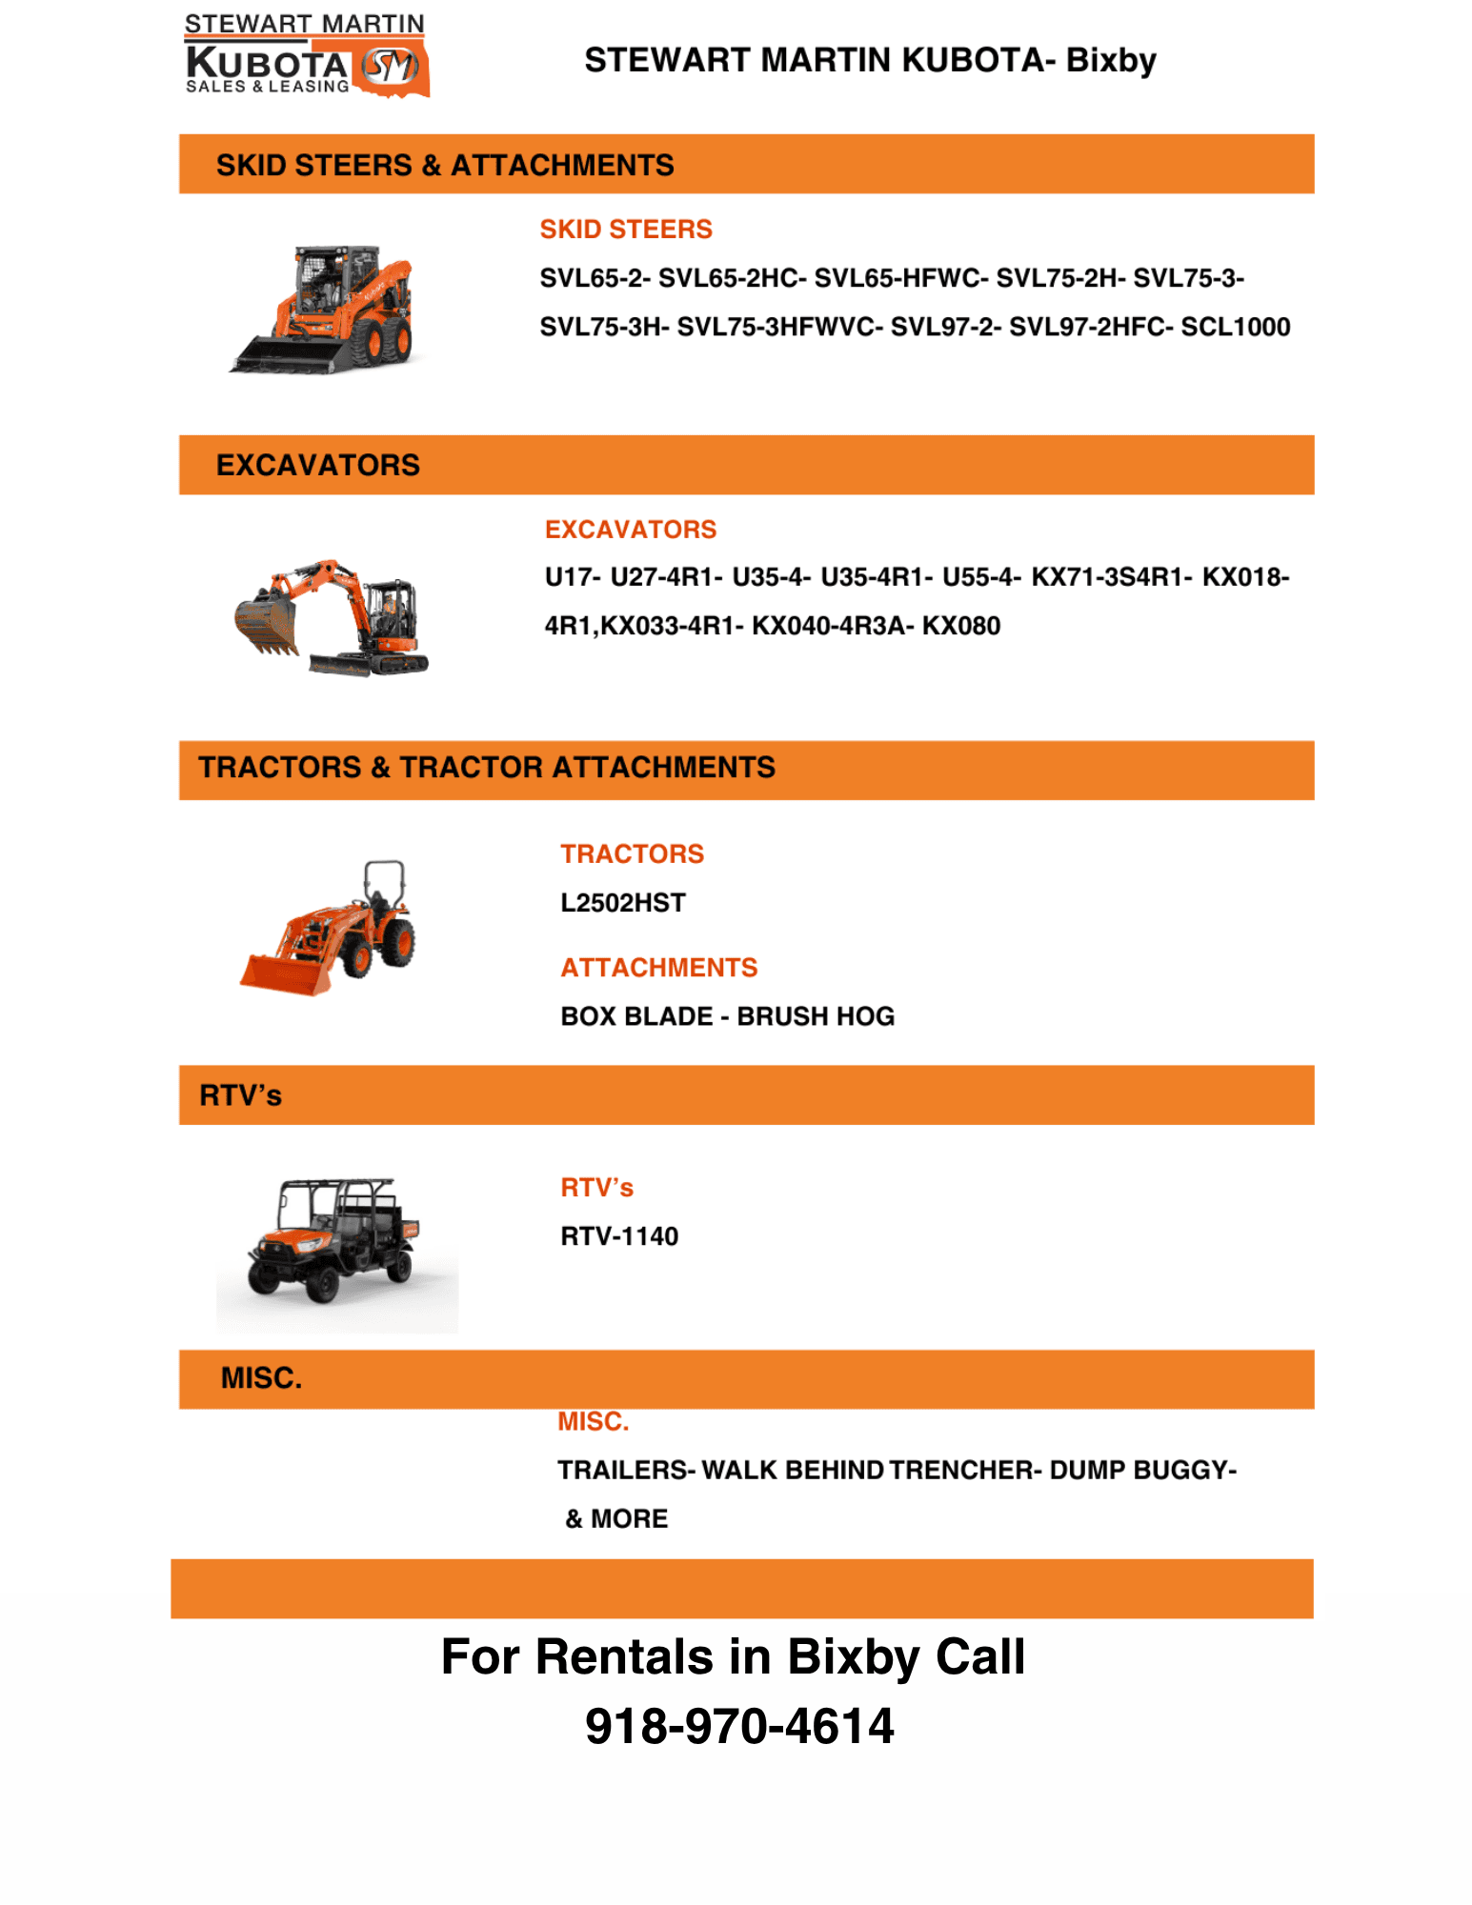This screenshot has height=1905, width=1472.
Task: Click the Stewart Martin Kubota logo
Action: tap(306, 55)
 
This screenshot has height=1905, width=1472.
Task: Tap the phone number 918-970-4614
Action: tap(739, 1726)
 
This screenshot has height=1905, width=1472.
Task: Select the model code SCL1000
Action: tap(1235, 327)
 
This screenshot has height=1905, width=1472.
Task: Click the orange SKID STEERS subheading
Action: tap(626, 230)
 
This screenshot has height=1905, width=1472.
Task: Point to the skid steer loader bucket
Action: tap(286, 355)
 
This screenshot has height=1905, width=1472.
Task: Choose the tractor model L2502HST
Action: tap(623, 903)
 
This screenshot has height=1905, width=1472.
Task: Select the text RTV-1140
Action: tap(619, 1236)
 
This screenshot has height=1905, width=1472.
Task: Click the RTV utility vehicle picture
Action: tap(335, 1243)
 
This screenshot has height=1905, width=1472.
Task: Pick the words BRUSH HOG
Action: tap(816, 1016)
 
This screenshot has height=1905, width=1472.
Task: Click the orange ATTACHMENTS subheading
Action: tap(659, 968)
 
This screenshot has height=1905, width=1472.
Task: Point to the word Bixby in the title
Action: tap(1111, 60)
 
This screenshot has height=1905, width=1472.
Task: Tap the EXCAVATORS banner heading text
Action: tap(318, 465)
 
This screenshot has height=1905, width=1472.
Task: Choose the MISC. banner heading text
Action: tap(261, 1378)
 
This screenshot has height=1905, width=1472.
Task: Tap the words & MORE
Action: tap(616, 1518)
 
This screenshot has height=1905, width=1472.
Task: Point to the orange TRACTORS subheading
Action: tap(632, 854)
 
